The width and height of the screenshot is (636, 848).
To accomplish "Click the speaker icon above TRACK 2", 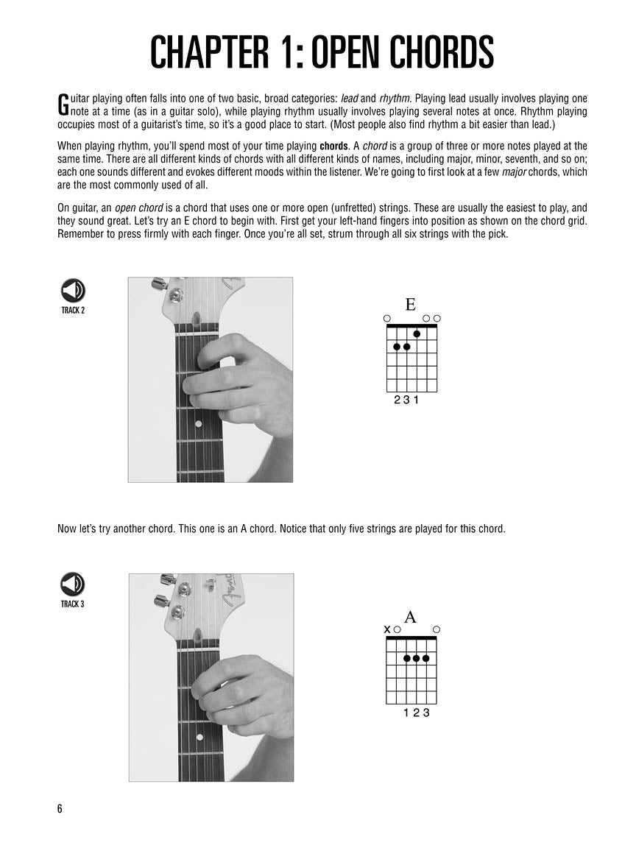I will [73, 291].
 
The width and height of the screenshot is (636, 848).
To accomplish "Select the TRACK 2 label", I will [73, 310].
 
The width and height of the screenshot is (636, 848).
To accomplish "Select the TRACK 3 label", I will [73, 604].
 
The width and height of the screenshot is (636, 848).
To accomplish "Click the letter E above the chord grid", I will [411, 305].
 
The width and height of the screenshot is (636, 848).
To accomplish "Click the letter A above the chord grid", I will [411, 617].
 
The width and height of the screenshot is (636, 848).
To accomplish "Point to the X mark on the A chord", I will [387, 629].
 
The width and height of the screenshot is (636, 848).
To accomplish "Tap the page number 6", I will [60, 809].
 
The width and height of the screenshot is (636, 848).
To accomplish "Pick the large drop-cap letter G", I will [63, 105].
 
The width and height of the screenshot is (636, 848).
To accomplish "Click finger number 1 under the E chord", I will [417, 401].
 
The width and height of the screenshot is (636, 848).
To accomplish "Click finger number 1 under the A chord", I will [406, 713].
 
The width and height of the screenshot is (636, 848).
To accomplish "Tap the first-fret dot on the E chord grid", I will [417, 333].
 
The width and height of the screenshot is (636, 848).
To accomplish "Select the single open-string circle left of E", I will [387, 318].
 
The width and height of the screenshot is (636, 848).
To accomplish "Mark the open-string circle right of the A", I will [437, 629].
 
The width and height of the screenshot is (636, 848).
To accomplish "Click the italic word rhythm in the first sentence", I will [394, 98].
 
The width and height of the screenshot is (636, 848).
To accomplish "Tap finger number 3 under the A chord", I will [426, 713].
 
